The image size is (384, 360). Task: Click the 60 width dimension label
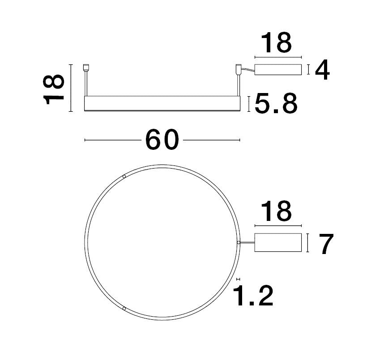pyautogui.click(x=162, y=140)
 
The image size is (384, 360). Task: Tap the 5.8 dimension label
pyautogui.click(x=276, y=104)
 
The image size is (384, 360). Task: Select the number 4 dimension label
pyautogui.click(x=322, y=70)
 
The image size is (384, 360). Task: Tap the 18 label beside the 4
pyautogui.click(x=277, y=43)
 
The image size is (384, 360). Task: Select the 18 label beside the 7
pyautogui.click(x=277, y=212)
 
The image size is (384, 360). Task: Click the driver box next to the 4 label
pyautogui.click(x=277, y=70)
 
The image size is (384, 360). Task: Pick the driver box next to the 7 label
pyautogui.click(x=277, y=242)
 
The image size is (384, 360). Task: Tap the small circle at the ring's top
pyautogui.click(x=124, y=177)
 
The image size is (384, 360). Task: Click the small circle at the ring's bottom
pyautogui.click(x=124, y=308)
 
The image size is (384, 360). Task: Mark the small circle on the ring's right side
pyautogui.click(x=239, y=242)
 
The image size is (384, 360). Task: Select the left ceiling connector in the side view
pyautogui.click(x=86, y=69)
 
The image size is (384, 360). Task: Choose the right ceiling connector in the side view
pyautogui.click(x=238, y=69)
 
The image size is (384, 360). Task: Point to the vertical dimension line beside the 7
pyautogui.click(x=309, y=242)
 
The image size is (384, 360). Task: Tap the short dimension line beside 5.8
pyautogui.click(x=249, y=104)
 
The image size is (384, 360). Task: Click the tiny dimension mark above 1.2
pyautogui.click(x=239, y=278)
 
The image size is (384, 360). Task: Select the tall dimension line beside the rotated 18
pyautogui.click(x=71, y=89)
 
